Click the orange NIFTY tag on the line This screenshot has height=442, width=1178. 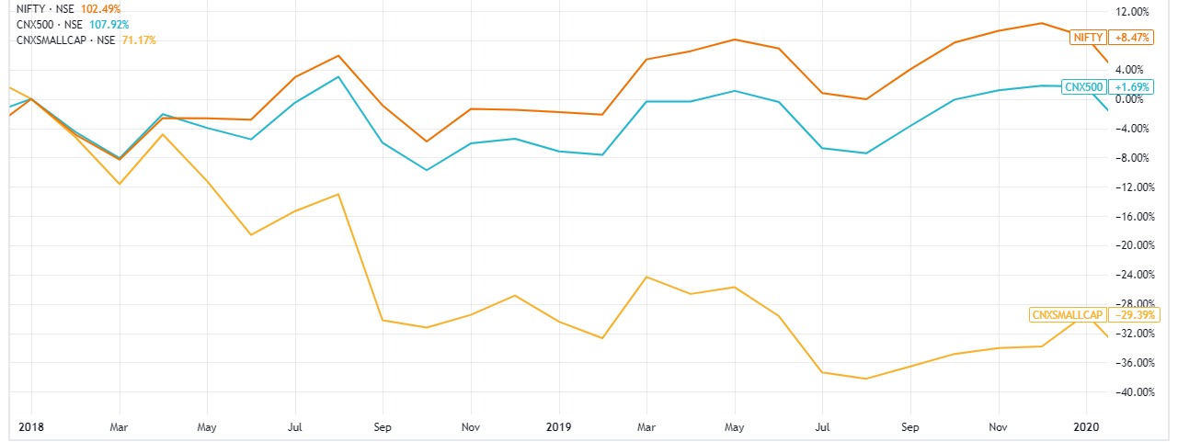[x=1088, y=38]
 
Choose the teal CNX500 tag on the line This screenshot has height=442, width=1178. [x=1082, y=86]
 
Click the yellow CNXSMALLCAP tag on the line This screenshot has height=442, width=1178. [x=1067, y=314]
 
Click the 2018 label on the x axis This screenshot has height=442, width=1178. [x=31, y=427]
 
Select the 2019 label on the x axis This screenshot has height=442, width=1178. [x=558, y=427]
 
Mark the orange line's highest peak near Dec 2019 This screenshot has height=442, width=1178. [x=1041, y=23]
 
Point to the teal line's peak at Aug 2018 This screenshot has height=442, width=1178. [x=338, y=76]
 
